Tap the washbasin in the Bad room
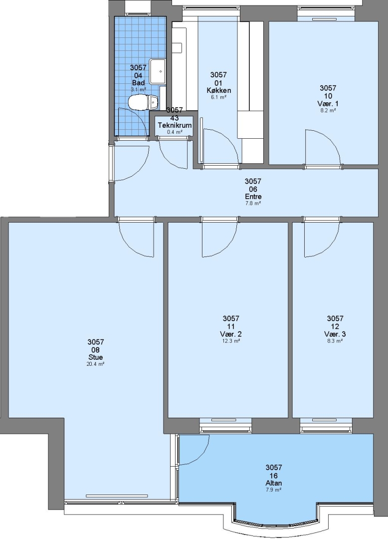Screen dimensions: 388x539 click(158, 71)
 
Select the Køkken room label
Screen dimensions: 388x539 click(219, 90)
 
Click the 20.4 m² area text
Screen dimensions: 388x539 click(95, 364)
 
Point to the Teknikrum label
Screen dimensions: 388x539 click(175, 125)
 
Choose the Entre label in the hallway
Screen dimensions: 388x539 click(253, 197)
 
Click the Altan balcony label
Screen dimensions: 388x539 click(274, 483)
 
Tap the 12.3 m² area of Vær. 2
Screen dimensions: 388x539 click(231, 341)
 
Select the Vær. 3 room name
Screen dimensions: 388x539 click(335, 334)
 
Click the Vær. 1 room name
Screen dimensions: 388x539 click(328, 103)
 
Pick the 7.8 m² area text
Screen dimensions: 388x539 click(253, 204)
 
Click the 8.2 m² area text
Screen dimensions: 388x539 click(328, 111)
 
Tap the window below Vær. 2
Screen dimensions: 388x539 click(225, 425)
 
